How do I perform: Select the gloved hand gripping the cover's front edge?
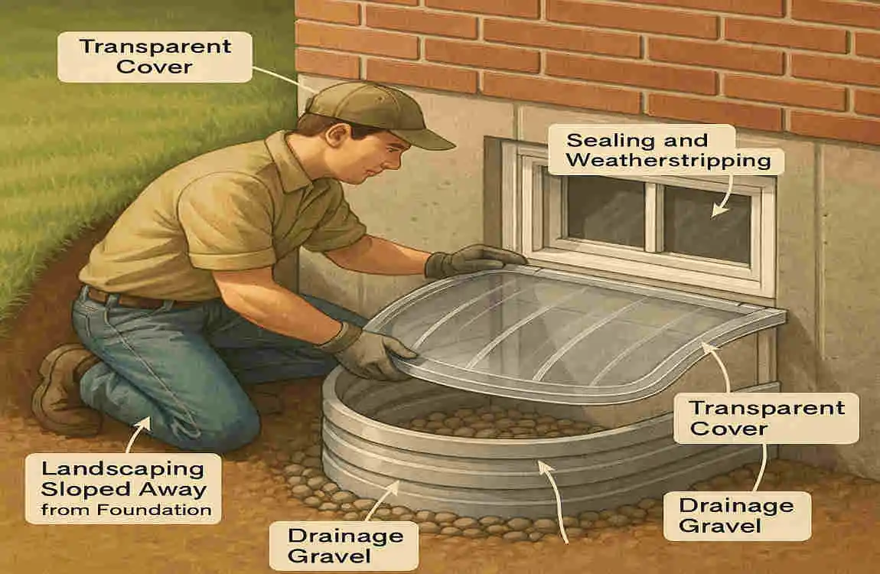pos(372,351)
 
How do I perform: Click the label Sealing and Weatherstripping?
pos(666,151)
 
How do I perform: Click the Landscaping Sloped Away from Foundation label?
pos(122,488)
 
